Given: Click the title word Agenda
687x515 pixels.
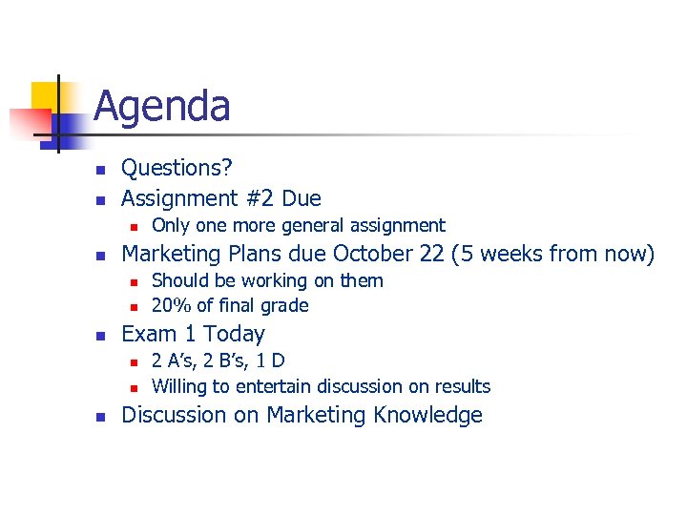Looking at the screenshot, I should pyautogui.click(x=162, y=106).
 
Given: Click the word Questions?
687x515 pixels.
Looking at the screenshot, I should pyautogui.click(x=177, y=168).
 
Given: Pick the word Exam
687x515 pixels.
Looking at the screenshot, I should pyautogui.click(x=145, y=334).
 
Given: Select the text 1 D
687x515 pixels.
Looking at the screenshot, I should pyautogui.click(x=271, y=360).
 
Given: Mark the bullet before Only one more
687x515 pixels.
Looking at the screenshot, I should pyautogui.click(x=135, y=227).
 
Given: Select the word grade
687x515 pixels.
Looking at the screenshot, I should pyautogui.click(x=287, y=305).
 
